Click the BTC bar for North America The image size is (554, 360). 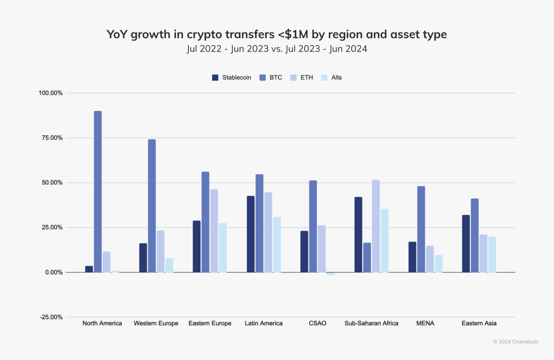point(98,192)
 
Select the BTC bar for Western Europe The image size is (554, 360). point(152,206)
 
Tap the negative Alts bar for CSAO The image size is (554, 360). point(330,274)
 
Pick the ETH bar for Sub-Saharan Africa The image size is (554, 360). point(376,226)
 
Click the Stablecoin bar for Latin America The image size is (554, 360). point(251,234)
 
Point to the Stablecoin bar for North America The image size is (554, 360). point(89,269)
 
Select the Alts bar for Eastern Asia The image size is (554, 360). point(492,254)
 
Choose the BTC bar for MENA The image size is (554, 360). point(421,229)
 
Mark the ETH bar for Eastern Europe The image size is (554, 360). point(214,231)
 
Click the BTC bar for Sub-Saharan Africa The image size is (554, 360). point(367,258)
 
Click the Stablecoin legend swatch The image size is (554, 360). point(215,78)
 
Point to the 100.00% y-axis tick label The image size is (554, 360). point(50,93)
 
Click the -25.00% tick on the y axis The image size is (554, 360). point(51,317)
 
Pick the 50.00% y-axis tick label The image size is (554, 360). point(52,183)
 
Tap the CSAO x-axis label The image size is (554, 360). point(317,323)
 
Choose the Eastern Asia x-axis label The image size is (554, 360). point(479,323)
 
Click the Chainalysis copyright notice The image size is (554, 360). point(516,342)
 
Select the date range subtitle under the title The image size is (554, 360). point(277,49)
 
